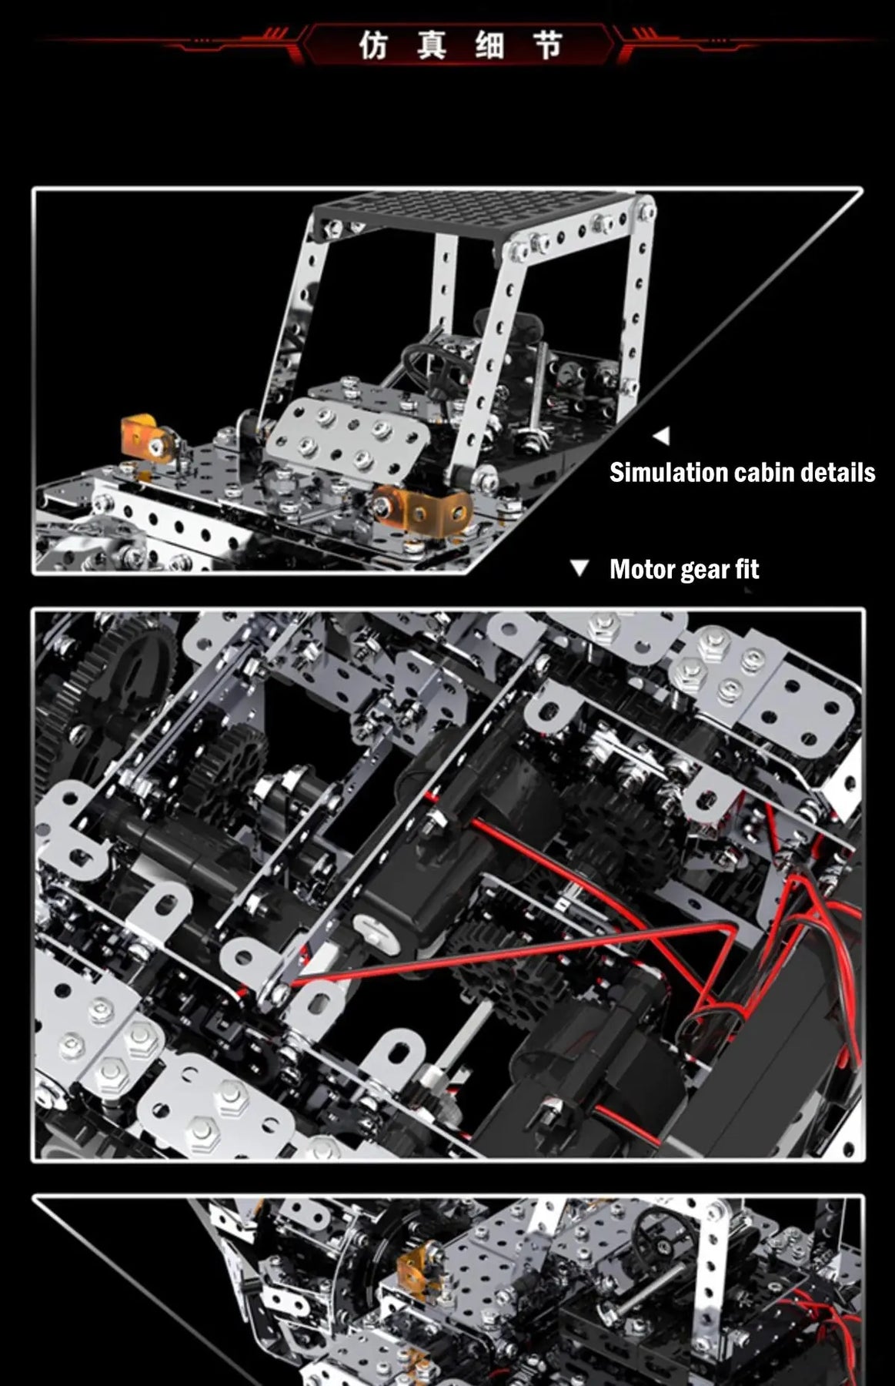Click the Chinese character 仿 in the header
(x=373, y=45)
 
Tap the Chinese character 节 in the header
(x=548, y=45)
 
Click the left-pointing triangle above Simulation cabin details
(x=661, y=436)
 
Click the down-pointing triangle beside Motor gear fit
(x=579, y=568)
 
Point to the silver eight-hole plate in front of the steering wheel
(x=349, y=436)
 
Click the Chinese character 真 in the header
(x=432, y=45)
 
